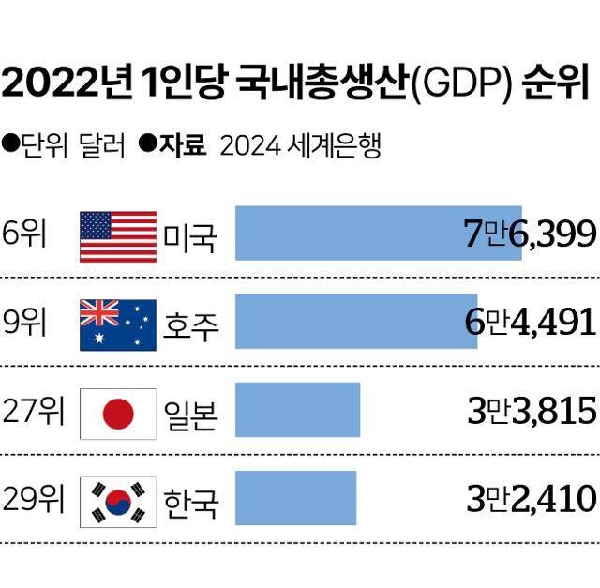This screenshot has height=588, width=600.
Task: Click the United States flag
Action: (x=117, y=236)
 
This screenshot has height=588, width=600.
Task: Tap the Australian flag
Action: (x=117, y=324)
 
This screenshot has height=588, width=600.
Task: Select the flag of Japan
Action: (x=117, y=413)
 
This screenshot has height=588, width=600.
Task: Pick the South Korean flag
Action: (x=117, y=502)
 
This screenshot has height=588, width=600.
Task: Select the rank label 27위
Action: (x=33, y=411)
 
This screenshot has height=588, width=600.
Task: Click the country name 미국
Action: (x=190, y=237)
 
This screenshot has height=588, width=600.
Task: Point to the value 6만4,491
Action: (x=530, y=322)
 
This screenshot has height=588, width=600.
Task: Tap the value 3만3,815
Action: (x=531, y=411)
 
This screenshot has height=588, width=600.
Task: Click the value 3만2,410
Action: (x=531, y=498)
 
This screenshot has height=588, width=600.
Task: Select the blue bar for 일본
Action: (x=297, y=410)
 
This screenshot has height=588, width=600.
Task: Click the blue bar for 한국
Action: (x=295, y=497)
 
